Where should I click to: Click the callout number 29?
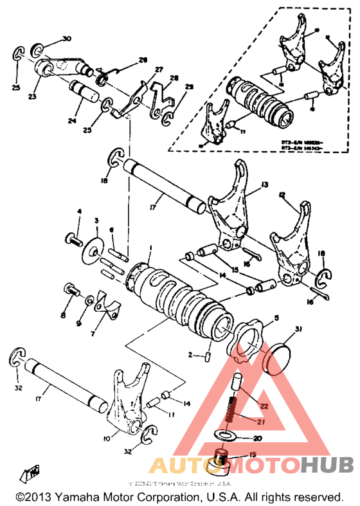coord(188,86)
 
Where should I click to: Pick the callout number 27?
coord(159,69)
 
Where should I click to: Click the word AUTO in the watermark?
coord(181,466)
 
